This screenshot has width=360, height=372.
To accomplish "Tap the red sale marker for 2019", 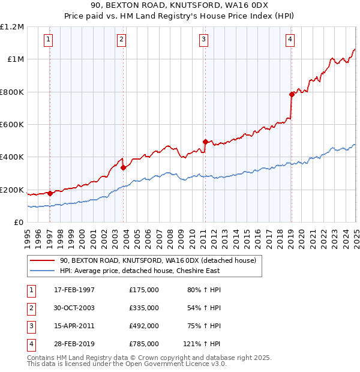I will click(x=291, y=94).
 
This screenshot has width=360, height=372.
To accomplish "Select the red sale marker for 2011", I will click(x=205, y=142).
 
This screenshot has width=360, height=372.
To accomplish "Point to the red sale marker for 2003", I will click(x=123, y=168).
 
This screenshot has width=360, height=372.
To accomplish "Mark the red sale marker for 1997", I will click(x=50, y=193).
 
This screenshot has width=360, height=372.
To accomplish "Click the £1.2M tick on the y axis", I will click(x=12, y=26).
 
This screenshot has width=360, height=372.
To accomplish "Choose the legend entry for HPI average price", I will click(x=139, y=271).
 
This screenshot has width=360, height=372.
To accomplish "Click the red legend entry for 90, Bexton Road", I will click(x=158, y=260).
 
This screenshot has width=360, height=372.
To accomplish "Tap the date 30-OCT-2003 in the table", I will click(x=74, y=308).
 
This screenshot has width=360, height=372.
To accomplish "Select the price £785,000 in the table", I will click(x=143, y=344).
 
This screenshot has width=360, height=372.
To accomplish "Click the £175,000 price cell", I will click(x=143, y=290).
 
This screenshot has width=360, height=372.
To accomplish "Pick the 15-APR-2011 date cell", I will click(x=74, y=326).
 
